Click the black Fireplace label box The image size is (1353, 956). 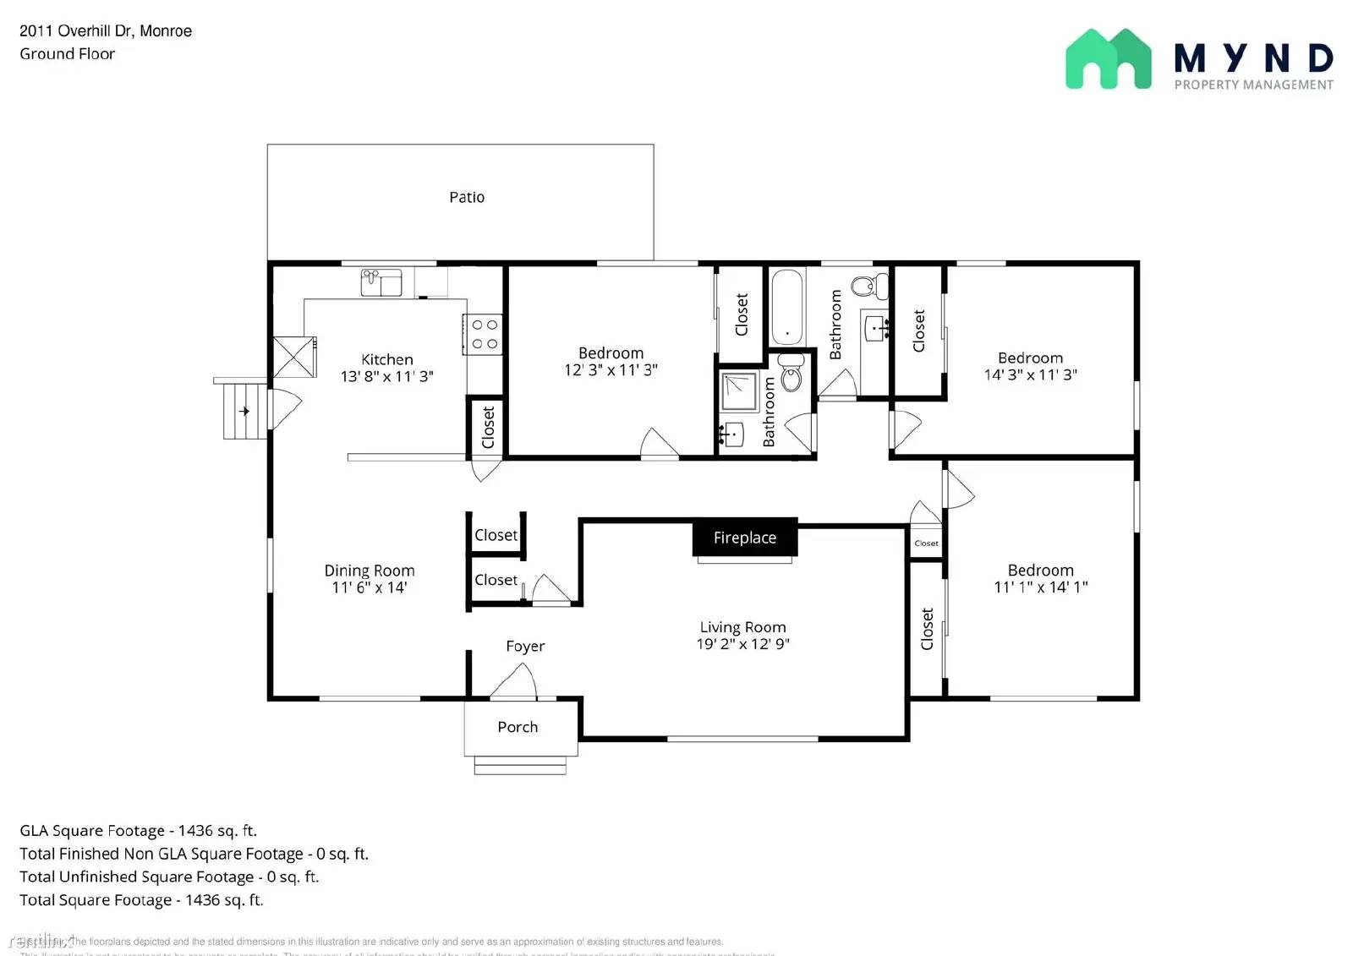[x=744, y=538]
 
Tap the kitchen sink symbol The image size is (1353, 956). [x=381, y=282]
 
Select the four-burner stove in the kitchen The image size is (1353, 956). [x=484, y=334]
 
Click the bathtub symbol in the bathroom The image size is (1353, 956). [x=786, y=306]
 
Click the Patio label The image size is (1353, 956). [x=467, y=197]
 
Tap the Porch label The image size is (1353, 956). [x=518, y=727]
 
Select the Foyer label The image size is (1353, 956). [x=525, y=646]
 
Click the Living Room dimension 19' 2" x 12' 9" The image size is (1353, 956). [x=742, y=644]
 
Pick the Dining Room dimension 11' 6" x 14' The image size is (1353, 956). [x=370, y=587]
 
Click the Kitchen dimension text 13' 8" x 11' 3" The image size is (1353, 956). [x=386, y=376]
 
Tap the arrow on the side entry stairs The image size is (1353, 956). [x=244, y=412]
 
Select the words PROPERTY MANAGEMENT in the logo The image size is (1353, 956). [x=1253, y=85]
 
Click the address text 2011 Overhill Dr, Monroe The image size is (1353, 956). [x=106, y=31]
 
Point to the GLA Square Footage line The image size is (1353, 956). [x=138, y=831]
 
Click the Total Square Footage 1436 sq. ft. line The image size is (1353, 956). [x=141, y=900]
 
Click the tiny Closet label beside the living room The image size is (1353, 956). [x=926, y=544]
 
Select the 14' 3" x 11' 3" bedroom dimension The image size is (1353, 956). [x=1030, y=374]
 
